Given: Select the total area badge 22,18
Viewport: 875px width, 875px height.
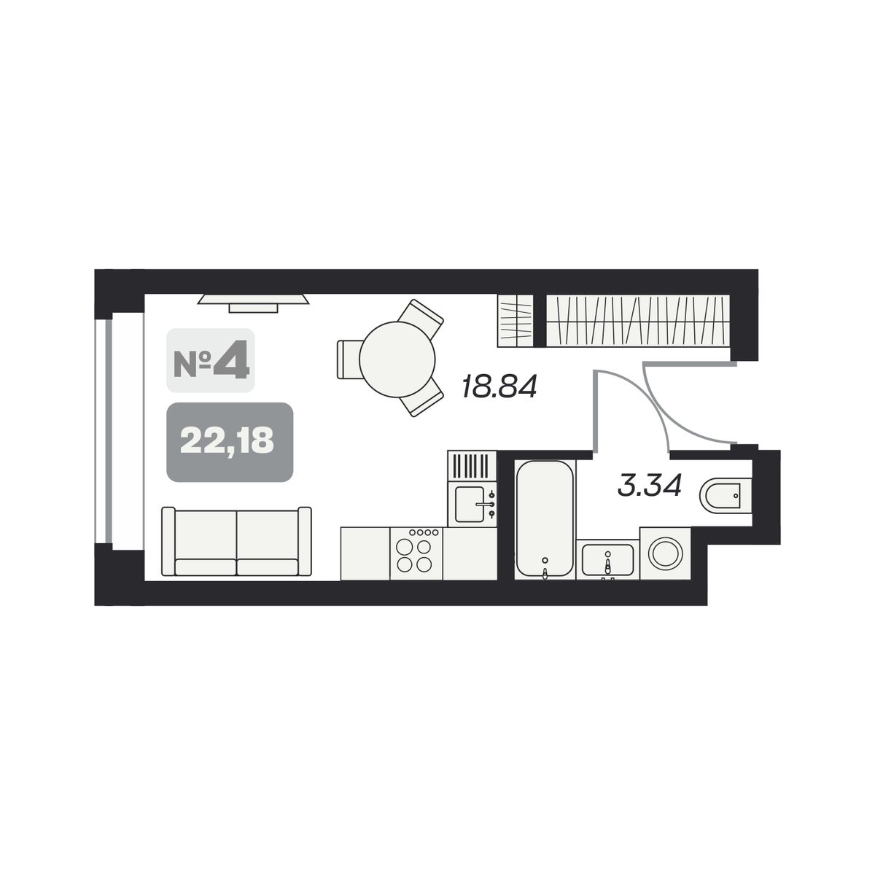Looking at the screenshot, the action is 230,442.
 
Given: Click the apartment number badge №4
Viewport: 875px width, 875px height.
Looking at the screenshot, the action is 211,360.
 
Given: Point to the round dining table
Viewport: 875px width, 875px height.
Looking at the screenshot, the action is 397,359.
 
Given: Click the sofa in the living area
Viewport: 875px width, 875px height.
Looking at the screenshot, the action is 236,542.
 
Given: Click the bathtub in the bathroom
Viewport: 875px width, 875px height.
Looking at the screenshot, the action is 545,519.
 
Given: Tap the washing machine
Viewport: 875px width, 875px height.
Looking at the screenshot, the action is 665,553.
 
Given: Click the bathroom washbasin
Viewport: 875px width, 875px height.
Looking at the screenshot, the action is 607,559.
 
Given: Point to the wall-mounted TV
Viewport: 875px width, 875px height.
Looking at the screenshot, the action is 253,303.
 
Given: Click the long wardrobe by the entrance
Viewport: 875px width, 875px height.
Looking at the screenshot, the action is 638,321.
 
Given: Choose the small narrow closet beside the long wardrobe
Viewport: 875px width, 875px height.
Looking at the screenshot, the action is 515,321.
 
